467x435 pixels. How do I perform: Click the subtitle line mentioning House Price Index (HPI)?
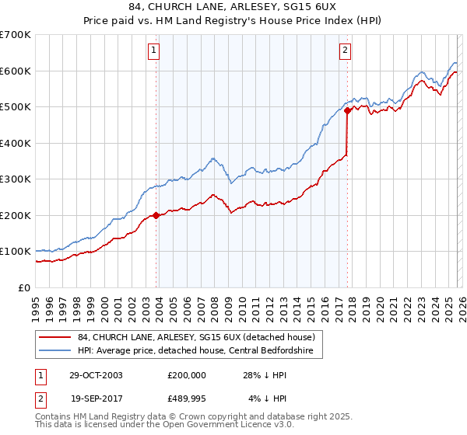click(233, 21)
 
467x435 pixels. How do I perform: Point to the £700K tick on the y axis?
click(16, 35)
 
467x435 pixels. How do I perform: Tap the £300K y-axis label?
click(16, 179)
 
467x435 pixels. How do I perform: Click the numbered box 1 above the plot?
click(155, 51)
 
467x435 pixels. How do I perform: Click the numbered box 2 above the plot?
click(344, 51)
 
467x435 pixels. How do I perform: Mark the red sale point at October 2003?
click(156, 215)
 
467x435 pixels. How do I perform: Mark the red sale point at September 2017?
click(347, 111)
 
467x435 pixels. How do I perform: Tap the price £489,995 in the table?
click(186, 398)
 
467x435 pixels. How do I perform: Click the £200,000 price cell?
click(186, 374)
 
